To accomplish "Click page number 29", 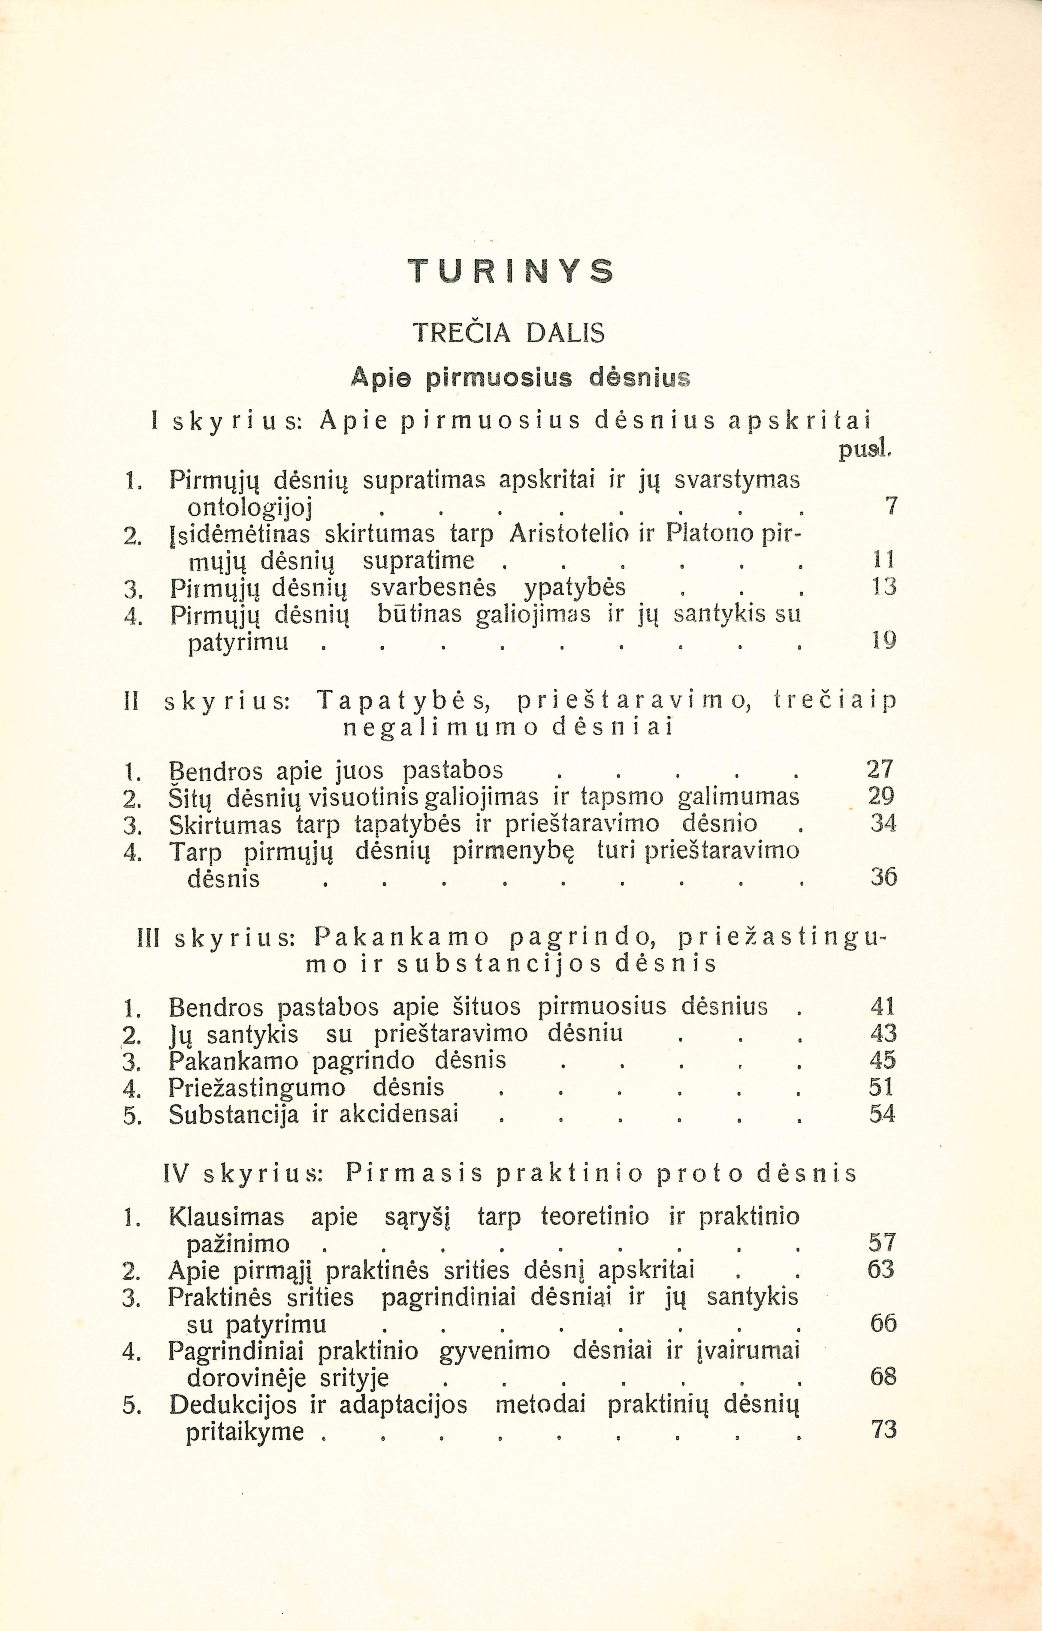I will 881,796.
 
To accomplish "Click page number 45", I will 883,1060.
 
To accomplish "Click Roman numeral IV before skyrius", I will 176,1173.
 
